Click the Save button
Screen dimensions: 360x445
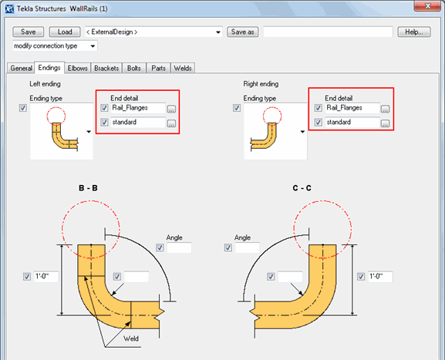click(x=28, y=32)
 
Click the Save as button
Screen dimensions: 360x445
click(x=242, y=32)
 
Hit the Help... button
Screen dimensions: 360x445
click(x=413, y=32)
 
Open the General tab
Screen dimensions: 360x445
click(x=21, y=68)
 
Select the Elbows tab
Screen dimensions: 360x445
click(x=77, y=68)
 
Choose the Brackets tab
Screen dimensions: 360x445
click(x=106, y=68)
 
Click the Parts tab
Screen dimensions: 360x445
click(x=158, y=68)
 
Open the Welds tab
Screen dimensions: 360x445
click(x=182, y=68)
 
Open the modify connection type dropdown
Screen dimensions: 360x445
click(x=54, y=46)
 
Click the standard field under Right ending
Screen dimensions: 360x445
click(x=351, y=123)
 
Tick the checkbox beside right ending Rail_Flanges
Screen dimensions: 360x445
click(x=319, y=109)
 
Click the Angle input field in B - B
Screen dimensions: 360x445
click(x=179, y=248)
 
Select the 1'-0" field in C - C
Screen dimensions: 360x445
click(x=380, y=277)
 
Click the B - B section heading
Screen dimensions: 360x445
click(x=88, y=188)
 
